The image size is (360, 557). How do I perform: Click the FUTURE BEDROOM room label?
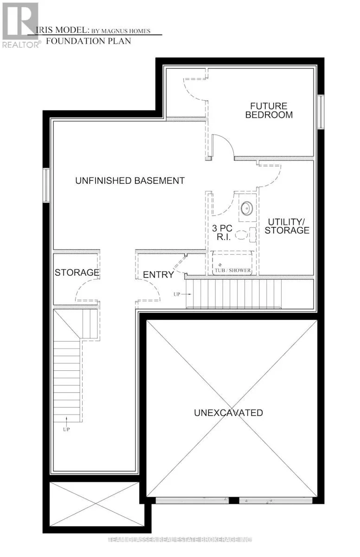coord(269,110)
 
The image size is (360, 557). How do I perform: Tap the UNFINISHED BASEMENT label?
coord(130,181)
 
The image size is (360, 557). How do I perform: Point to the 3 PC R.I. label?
coord(221,233)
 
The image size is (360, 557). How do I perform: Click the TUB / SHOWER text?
coord(232,270)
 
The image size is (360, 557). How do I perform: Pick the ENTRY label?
coord(158,275)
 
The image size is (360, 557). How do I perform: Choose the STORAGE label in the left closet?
coord(77,272)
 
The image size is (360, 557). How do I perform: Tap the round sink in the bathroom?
coord(246,207)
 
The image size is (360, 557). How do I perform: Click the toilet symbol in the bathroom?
coord(244,235)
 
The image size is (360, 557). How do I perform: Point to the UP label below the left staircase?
coord(66,429)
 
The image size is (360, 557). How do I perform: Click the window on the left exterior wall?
coord(46,185)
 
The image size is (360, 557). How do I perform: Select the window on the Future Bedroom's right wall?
coord(321,112)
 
